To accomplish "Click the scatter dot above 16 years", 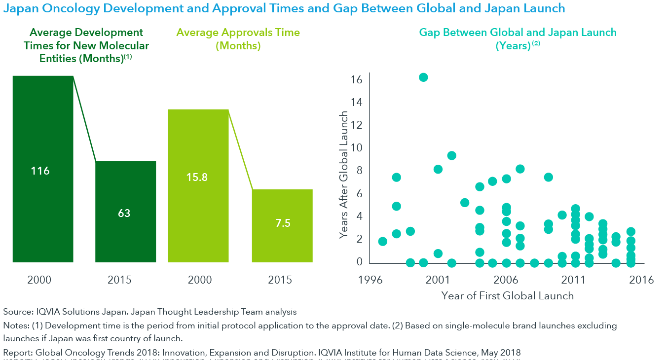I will coord(423,77).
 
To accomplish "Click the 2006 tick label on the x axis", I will coord(506,280).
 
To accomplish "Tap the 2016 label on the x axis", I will coord(641,280).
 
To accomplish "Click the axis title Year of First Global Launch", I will coord(508,296).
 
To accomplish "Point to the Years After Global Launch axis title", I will coord(344,176).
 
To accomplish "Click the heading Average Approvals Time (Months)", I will coord(238,39).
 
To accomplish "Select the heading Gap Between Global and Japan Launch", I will coord(518,33).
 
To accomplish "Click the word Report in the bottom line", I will coord(15,353).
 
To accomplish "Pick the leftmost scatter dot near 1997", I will coord(383,241).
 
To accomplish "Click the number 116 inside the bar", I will coord(40,171).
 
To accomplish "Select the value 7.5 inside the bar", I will coord(283,223).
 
